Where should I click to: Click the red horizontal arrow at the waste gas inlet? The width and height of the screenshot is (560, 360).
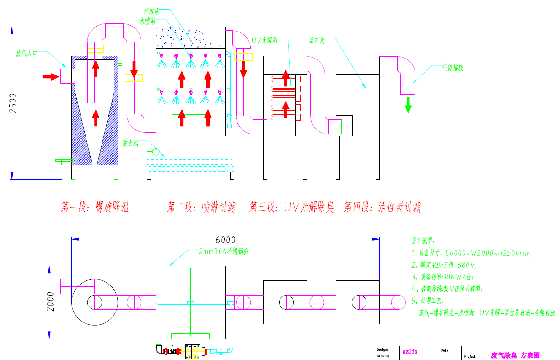pyautogui.click(x=51, y=76)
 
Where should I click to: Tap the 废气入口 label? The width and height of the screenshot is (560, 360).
pyautogui.click(x=27, y=54)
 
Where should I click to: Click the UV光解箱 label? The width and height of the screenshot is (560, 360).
pyautogui.click(x=264, y=40)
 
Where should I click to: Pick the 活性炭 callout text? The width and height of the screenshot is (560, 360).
pyautogui.click(x=317, y=41)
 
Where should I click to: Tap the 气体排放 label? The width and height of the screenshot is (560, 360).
pyautogui.click(x=452, y=68)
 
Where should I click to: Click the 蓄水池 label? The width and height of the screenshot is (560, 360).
pyautogui.click(x=130, y=143)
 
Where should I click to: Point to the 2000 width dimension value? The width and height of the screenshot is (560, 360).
pyautogui.click(x=51, y=301)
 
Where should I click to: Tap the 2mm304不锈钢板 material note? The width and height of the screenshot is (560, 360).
pyautogui.click(x=223, y=252)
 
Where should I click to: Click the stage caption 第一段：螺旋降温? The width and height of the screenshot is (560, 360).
pyautogui.click(x=95, y=207)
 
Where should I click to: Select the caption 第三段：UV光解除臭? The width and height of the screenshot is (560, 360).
pyautogui.click(x=291, y=207)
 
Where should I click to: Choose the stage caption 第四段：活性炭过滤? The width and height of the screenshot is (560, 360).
pyautogui.click(x=382, y=207)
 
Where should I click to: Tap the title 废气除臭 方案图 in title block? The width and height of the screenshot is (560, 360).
pyautogui.click(x=515, y=355)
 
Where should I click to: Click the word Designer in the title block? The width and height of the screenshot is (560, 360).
pyautogui.click(x=383, y=349)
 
